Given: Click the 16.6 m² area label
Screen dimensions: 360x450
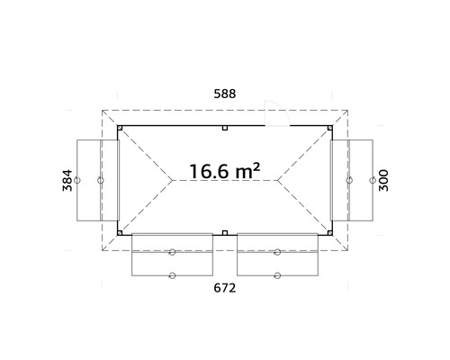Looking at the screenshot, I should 224,170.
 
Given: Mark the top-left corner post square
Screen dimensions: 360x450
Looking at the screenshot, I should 120,129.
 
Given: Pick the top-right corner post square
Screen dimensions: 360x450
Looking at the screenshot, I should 329,129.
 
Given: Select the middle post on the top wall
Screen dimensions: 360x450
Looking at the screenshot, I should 224,128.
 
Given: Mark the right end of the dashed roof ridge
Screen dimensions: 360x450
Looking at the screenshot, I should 281,180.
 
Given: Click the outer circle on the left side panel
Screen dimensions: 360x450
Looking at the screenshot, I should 79,180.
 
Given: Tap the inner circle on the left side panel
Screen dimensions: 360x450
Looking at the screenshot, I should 100,180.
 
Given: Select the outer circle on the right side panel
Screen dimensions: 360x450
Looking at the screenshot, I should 371,180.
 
